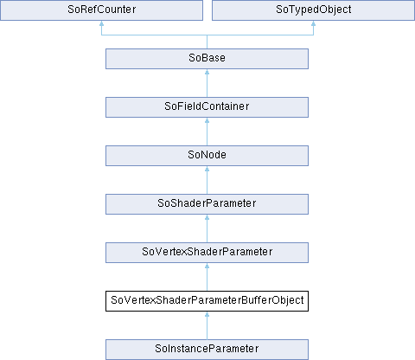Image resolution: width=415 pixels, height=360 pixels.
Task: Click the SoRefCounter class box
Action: pyautogui.click(x=101, y=10)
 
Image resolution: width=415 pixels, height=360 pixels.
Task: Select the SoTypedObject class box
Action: pyautogui.click(x=313, y=10)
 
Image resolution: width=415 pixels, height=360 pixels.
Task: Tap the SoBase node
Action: pyautogui.click(x=207, y=59)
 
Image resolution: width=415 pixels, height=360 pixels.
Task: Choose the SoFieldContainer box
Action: pyautogui.click(x=207, y=107)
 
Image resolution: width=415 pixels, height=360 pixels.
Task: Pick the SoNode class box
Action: pyautogui.click(x=207, y=156)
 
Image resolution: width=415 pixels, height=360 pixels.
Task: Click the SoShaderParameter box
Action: pyautogui.click(x=207, y=204)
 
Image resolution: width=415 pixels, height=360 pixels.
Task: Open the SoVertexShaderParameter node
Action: pyautogui.click(x=207, y=253)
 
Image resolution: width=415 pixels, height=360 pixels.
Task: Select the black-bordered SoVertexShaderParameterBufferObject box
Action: pyautogui.click(x=207, y=301)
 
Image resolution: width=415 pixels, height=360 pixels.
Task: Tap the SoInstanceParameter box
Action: pyautogui.click(x=207, y=350)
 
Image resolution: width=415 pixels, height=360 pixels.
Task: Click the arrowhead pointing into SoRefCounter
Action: pyautogui.click(x=101, y=23)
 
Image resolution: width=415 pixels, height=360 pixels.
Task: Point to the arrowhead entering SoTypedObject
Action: pyautogui.click(x=313, y=23)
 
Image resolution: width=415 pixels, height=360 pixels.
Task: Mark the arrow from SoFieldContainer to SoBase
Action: pyautogui.click(x=207, y=83)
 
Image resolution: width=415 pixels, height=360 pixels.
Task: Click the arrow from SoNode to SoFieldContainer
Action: pyautogui.click(x=207, y=132)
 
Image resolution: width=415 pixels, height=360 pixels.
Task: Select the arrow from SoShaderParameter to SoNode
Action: pyautogui.click(x=207, y=180)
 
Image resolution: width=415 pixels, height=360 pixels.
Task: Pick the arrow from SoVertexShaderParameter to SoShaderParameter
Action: pyautogui.click(x=207, y=228)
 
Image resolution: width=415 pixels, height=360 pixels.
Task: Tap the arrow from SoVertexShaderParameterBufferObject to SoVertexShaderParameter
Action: pyautogui.click(x=207, y=277)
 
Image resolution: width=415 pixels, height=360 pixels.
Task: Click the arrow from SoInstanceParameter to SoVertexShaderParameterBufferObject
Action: pyautogui.click(x=207, y=325)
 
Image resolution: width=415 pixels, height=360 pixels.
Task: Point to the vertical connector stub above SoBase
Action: pyautogui.click(x=207, y=42)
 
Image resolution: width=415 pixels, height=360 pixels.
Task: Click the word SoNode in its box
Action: pyautogui.click(x=207, y=155)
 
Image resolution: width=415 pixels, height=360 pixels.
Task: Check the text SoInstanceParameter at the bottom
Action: pyautogui.click(x=207, y=349)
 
